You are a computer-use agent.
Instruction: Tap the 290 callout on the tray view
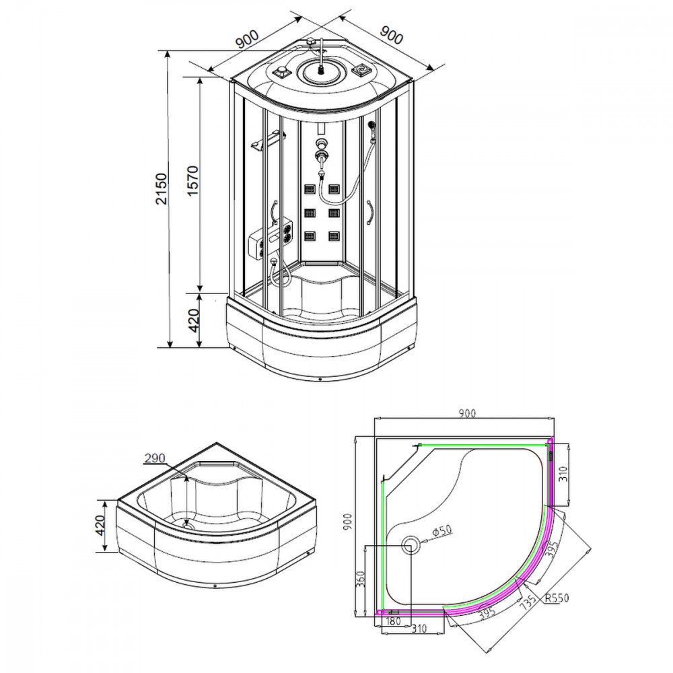tap(154, 459)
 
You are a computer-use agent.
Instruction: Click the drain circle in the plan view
tap(410, 544)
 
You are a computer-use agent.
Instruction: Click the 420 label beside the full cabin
tap(193, 321)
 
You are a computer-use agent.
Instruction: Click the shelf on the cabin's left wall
tap(266, 143)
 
